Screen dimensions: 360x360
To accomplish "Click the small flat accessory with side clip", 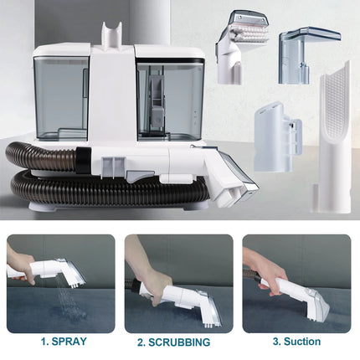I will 277,134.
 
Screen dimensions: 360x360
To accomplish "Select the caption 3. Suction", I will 298,342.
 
